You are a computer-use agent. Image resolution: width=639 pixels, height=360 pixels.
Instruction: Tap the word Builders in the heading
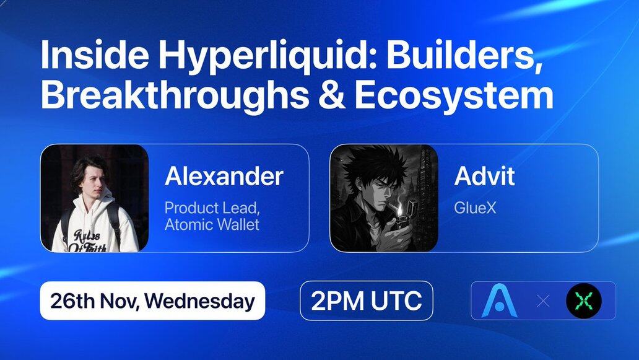[464, 55]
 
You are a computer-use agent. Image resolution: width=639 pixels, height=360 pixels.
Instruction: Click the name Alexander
[224, 176]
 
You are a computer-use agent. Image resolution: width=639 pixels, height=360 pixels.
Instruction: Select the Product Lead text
[212, 208]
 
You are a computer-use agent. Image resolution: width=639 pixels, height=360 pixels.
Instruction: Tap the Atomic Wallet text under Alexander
[212, 225]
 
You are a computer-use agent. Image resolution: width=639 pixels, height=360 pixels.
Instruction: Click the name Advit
[484, 176]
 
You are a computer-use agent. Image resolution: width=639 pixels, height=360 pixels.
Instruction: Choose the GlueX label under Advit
[475, 208]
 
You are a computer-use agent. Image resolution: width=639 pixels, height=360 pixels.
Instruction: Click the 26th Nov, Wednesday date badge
[152, 301]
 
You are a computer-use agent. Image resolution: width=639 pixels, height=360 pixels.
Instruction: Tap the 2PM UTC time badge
[366, 301]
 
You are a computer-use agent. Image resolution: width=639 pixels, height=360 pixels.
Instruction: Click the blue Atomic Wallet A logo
[499, 301]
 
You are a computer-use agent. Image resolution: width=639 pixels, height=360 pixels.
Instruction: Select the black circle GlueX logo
[583, 301]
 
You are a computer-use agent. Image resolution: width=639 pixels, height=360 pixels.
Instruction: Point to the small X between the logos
[543, 301]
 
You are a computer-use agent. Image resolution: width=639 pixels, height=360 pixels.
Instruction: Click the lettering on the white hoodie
[88, 240]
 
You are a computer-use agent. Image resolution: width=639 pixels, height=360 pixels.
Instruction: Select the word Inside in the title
[95, 55]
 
